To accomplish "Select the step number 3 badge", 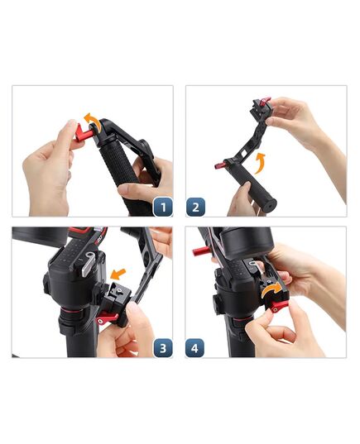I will [162, 347].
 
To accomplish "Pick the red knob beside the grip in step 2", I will [222, 165].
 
